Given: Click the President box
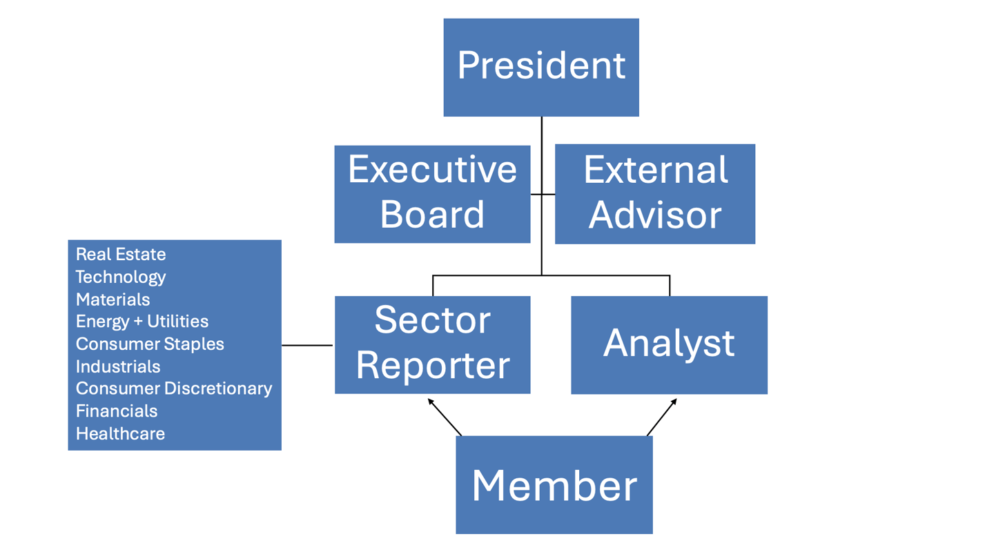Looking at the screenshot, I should [x=540, y=67].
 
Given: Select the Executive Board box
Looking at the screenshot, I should [x=432, y=193].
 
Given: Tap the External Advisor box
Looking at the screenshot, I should [x=654, y=193].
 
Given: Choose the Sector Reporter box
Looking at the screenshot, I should [x=432, y=344].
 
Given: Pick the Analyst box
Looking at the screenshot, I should [x=669, y=344].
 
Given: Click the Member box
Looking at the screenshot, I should [x=554, y=484].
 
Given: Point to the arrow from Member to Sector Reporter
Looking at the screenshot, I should [x=444, y=417].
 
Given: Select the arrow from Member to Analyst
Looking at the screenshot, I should [x=661, y=417].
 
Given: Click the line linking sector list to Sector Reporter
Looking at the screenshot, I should [x=307, y=345].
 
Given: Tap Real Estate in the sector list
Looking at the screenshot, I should [x=121, y=254].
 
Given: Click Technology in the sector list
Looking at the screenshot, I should [x=121, y=277].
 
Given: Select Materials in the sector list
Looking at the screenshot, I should [x=113, y=299].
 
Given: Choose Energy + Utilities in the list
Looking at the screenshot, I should [x=142, y=322].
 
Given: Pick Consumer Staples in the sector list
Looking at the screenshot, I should [x=150, y=344].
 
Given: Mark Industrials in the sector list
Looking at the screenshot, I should [x=118, y=366].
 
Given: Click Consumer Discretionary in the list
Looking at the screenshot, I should [x=173, y=388].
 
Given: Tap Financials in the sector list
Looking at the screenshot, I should [x=117, y=411].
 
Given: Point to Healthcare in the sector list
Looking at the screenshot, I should [x=120, y=433].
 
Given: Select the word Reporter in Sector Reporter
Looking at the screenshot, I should [x=433, y=366].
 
